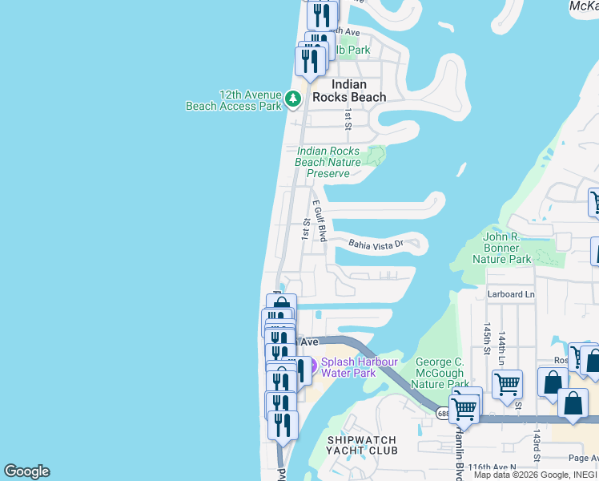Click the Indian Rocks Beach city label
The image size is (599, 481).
[x=348, y=91]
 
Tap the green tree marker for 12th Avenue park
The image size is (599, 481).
[x=293, y=99]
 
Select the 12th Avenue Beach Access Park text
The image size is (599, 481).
[x=233, y=100]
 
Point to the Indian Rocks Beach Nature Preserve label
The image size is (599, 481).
[x=328, y=162]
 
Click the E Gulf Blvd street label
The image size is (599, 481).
[x=320, y=221]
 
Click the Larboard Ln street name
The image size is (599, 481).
[x=511, y=294]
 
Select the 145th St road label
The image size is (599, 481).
[x=486, y=338]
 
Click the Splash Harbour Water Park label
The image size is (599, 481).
[x=360, y=367]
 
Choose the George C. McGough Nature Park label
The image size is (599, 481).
[x=441, y=374]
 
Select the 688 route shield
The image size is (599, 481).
[x=443, y=413]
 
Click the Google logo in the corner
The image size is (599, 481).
[x=26, y=471]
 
